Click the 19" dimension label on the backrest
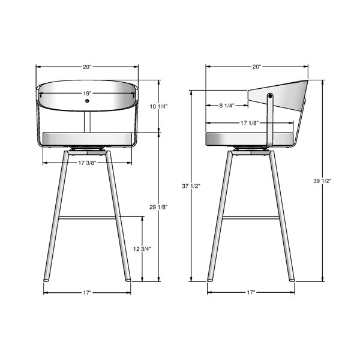[87, 94]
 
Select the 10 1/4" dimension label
[158, 107]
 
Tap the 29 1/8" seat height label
[158, 207]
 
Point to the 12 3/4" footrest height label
[142, 249]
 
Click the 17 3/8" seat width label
[87, 163]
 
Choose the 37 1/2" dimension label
[191, 186]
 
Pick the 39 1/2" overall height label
[322, 181]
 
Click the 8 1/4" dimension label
[227, 106]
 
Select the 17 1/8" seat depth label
[250, 123]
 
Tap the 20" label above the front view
[87, 67]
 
